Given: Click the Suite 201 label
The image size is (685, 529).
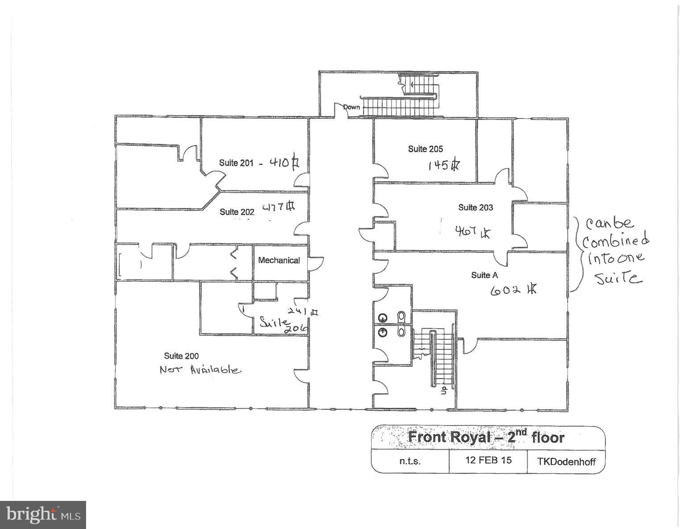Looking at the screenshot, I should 236,163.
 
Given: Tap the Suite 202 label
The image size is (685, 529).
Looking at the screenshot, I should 237,212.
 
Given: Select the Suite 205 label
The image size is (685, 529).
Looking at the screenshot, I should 425,149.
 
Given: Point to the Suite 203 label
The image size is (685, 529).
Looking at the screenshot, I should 475,207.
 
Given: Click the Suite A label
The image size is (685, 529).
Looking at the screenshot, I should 484,275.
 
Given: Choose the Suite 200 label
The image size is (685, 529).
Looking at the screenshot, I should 181,356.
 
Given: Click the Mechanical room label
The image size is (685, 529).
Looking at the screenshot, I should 279,260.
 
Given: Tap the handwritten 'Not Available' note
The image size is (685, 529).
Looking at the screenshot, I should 200,370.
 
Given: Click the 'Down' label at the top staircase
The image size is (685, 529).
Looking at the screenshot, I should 351,107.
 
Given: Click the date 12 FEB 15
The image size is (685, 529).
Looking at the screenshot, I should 488,460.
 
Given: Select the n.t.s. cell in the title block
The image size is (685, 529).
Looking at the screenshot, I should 410,461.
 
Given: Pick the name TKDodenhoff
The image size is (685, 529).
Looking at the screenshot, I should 566,462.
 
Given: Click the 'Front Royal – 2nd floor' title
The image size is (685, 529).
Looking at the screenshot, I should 486,437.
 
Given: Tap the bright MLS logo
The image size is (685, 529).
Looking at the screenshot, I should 43,515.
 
